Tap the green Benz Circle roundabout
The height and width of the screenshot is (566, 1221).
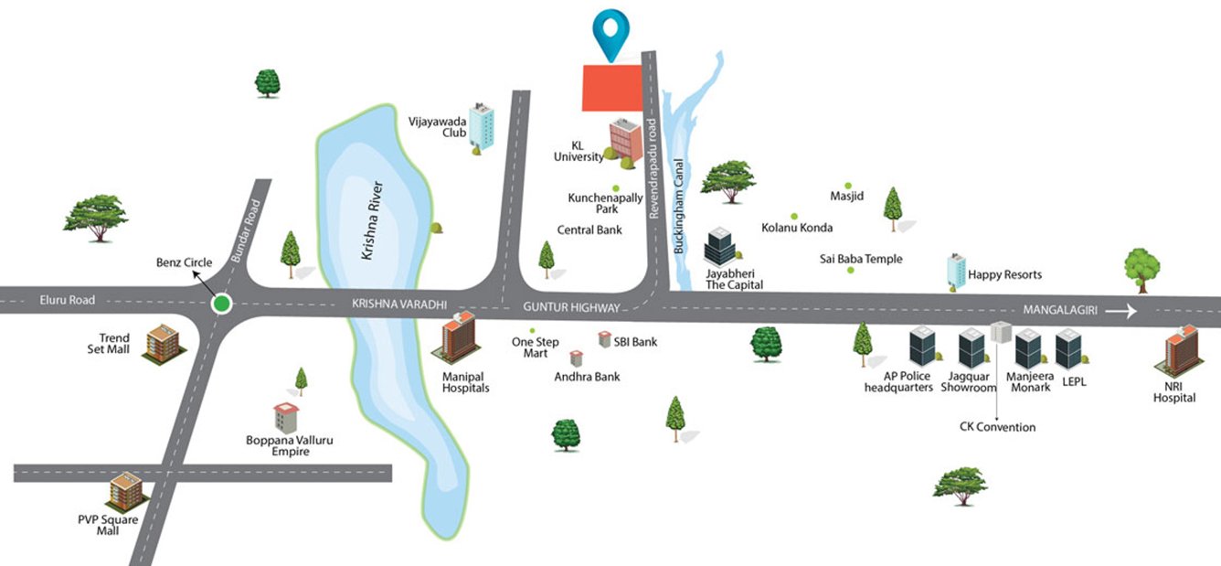220,304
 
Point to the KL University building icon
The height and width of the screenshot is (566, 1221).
625,140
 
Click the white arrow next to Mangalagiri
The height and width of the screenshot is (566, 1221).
1120,312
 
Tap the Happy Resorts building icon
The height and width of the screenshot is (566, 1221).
955,271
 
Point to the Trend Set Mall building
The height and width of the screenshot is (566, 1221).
162,344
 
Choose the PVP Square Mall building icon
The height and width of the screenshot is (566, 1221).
125,494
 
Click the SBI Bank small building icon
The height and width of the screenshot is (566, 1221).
605,340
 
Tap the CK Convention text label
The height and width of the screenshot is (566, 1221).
997,427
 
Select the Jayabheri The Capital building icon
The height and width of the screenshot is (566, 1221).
717,245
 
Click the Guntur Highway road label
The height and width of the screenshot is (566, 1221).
571,308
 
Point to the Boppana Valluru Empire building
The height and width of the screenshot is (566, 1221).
286,418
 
